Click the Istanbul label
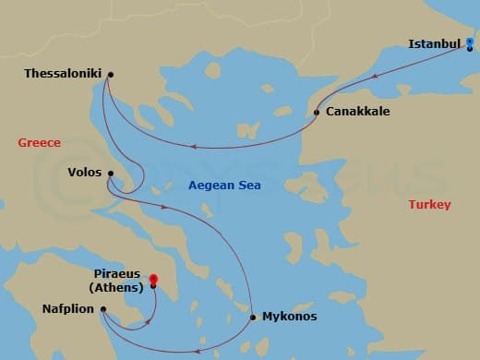pyautogui.click(x=434, y=43)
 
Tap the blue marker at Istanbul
pyautogui.click(x=470, y=42)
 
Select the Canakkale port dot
pyautogui.click(x=317, y=113)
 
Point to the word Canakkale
pyautogui.click(x=356, y=112)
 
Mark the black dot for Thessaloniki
pyautogui.click(x=110, y=75)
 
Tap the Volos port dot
pyautogui.click(x=109, y=173)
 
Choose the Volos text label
pyautogui.click(x=84, y=172)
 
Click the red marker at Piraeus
pyautogui.click(x=153, y=280)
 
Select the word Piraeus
pyautogui.click(x=118, y=274)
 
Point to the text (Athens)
pyautogui.click(x=118, y=287)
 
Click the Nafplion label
pyautogui.click(x=67, y=309)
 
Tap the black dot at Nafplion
pyautogui.click(x=103, y=309)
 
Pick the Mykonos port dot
pyautogui.click(x=252, y=318)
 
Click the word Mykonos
pyautogui.click(x=289, y=317)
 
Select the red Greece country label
pyautogui.click(x=39, y=143)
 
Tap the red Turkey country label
pyautogui.click(x=429, y=204)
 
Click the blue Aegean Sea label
pyautogui.click(x=224, y=186)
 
